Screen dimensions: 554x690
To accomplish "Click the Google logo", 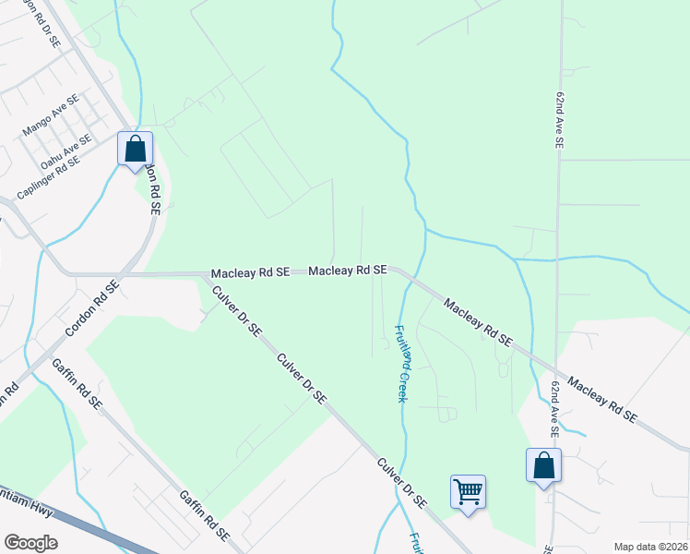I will (30, 543).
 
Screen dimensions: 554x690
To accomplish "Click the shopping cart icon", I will (468, 491).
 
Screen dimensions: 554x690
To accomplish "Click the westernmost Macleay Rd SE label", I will (250, 274).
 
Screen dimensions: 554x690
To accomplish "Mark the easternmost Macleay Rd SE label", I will (601, 400).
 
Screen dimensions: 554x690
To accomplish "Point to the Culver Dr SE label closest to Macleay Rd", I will (237, 311).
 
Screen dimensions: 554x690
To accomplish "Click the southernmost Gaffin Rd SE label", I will (204, 515).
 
